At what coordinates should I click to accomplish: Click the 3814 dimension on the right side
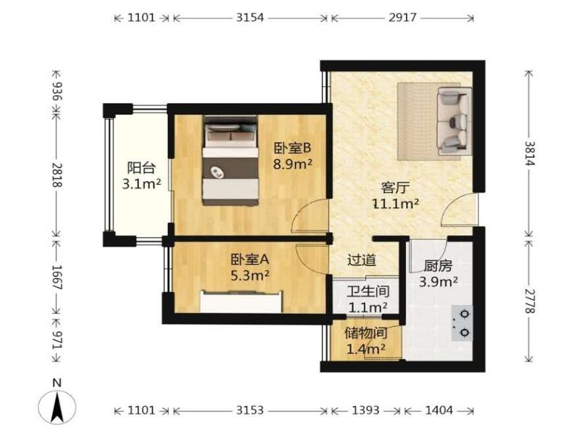pyautogui.click(x=529, y=154)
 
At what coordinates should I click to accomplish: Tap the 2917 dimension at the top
pyautogui.click(x=402, y=17)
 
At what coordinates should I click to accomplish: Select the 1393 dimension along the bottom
pyautogui.click(x=365, y=410)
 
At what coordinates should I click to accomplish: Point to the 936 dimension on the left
pyautogui.click(x=57, y=91)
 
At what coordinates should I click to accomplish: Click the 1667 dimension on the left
pyautogui.click(x=57, y=277)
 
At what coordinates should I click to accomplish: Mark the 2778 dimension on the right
pyautogui.click(x=529, y=301)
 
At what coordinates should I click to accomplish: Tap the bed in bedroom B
pyautogui.click(x=231, y=160)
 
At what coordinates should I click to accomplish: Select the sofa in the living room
pyautogui.click(x=455, y=121)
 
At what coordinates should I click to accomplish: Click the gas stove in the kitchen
pyautogui.click(x=462, y=323)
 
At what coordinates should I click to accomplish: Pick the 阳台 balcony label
pyautogui.click(x=141, y=168)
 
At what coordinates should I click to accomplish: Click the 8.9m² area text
pyautogui.click(x=292, y=163)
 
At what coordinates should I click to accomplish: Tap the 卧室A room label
pyautogui.click(x=249, y=260)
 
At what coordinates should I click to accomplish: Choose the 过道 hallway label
pyautogui.click(x=362, y=260)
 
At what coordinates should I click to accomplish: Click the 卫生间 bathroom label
pyautogui.click(x=368, y=291)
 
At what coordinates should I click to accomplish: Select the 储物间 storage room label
pyautogui.click(x=366, y=333)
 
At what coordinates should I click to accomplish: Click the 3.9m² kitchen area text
pyautogui.click(x=439, y=282)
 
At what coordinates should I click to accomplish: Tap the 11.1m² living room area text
pyautogui.click(x=395, y=204)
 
